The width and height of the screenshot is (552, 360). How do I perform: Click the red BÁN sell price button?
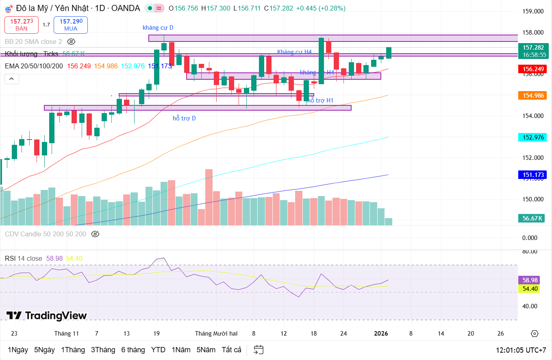pyautogui.click(x=22, y=25)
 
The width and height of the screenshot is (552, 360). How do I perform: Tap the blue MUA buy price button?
pyautogui.click(x=70, y=25)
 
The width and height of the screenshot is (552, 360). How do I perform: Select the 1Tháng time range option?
pyautogui.click(x=73, y=350)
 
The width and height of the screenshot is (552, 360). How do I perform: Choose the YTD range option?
pyautogui.click(x=158, y=350)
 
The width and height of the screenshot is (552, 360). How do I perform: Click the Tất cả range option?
pyautogui.click(x=231, y=350)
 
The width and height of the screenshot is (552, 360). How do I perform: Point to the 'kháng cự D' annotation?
pyautogui.click(x=158, y=28)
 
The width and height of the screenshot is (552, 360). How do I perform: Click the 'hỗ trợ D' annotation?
pyautogui.click(x=184, y=118)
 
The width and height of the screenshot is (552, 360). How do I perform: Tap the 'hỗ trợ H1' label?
pyautogui.click(x=320, y=100)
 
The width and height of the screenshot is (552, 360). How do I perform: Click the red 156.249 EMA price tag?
pyautogui.click(x=533, y=69)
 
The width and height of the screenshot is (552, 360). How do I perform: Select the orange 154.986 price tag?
pyautogui.click(x=533, y=96)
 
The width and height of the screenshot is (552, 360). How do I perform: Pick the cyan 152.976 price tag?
pyautogui.click(x=533, y=137)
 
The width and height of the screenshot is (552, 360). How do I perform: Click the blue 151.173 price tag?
pyautogui.click(x=533, y=175)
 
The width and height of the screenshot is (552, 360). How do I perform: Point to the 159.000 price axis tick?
pyautogui.click(x=533, y=11)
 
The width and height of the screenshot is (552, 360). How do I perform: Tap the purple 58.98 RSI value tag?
pyautogui.click(x=530, y=280)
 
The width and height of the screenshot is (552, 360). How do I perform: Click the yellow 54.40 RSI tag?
pyautogui.click(x=530, y=289)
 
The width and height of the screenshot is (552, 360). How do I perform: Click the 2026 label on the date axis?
pyautogui.click(x=381, y=334)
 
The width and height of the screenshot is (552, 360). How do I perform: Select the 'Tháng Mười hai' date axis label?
pyautogui.click(x=216, y=334)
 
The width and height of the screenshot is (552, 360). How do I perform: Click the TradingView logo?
pyautogui.click(x=47, y=316)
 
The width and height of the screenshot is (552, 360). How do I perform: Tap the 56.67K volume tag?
pyautogui.click(x=532, y=218)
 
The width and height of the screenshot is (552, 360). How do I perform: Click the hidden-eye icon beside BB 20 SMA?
pyautogui.click(x=71, y=41)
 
